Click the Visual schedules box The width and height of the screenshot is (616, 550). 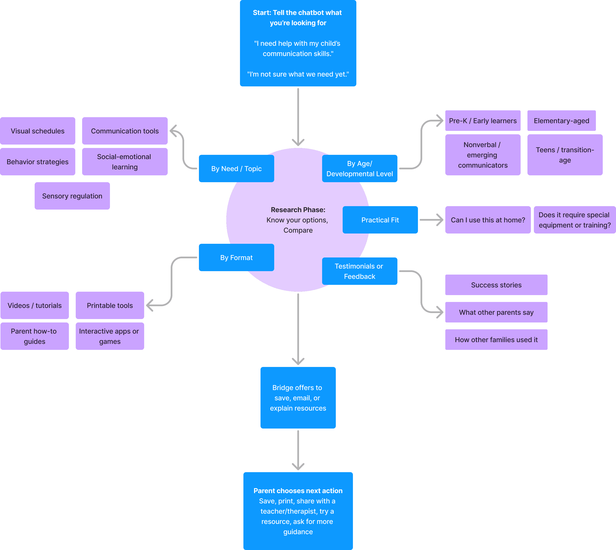coord(37,131)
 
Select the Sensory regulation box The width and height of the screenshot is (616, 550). coord(72,196)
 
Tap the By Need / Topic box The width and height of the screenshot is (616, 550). coord(236,169)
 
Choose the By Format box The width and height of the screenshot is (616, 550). coord(236,257)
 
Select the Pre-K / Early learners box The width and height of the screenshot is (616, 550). coord(483,121)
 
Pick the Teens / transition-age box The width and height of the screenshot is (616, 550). coord(565,155)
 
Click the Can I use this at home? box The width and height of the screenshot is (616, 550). coord(488,220)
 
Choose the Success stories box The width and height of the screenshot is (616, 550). coord(496,285)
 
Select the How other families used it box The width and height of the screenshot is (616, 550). coord(496,340)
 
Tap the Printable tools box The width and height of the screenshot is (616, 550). coord(110,305)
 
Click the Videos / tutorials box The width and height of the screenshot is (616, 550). coord(34,305)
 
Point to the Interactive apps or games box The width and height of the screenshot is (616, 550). coord(110,336)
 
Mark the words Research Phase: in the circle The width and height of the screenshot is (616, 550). coord(298,210)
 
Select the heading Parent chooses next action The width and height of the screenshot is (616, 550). coord(298,491)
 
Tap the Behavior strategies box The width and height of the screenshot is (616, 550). coord(37,162)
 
